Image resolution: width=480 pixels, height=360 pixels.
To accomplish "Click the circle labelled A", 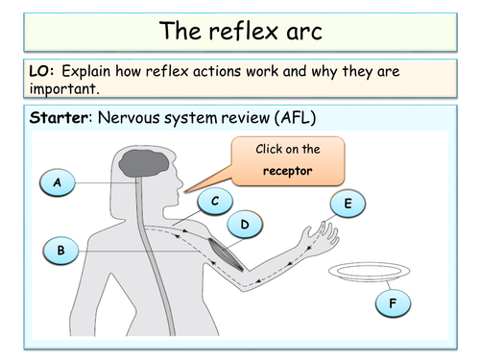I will coord(59,182).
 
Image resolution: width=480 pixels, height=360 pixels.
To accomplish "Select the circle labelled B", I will coord(61,252).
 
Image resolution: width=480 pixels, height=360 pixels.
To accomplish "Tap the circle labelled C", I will coord(216,202).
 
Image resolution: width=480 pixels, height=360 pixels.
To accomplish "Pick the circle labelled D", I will coord(245,226).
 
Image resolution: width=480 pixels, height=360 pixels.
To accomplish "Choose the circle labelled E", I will coord(347,204).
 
